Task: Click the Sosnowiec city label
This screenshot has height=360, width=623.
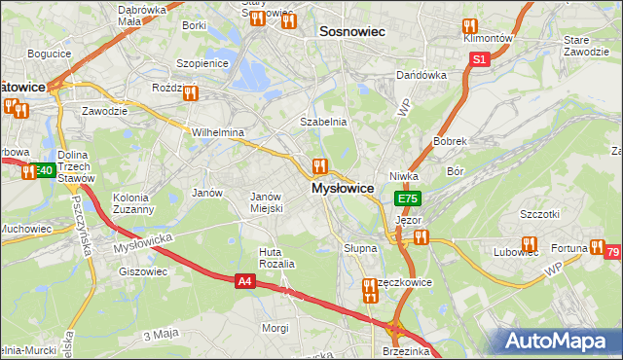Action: [x=352, y=31]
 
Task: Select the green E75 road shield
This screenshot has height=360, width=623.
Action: [x=408, y=198]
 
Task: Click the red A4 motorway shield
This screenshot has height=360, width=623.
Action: [x=246, y=281]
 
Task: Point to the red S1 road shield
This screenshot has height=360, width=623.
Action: [x=479, y=59]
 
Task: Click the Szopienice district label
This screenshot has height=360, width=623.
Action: [x=202, y=63]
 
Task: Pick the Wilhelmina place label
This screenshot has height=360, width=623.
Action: [x=217, y=132]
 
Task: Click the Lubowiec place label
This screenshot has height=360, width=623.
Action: [x=516, y=253]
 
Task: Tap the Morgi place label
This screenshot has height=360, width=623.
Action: [x=275, y=328]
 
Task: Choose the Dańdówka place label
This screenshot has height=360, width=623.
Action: [x=421, y=75]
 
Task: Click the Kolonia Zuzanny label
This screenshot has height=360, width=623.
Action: [x=132, y=202]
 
